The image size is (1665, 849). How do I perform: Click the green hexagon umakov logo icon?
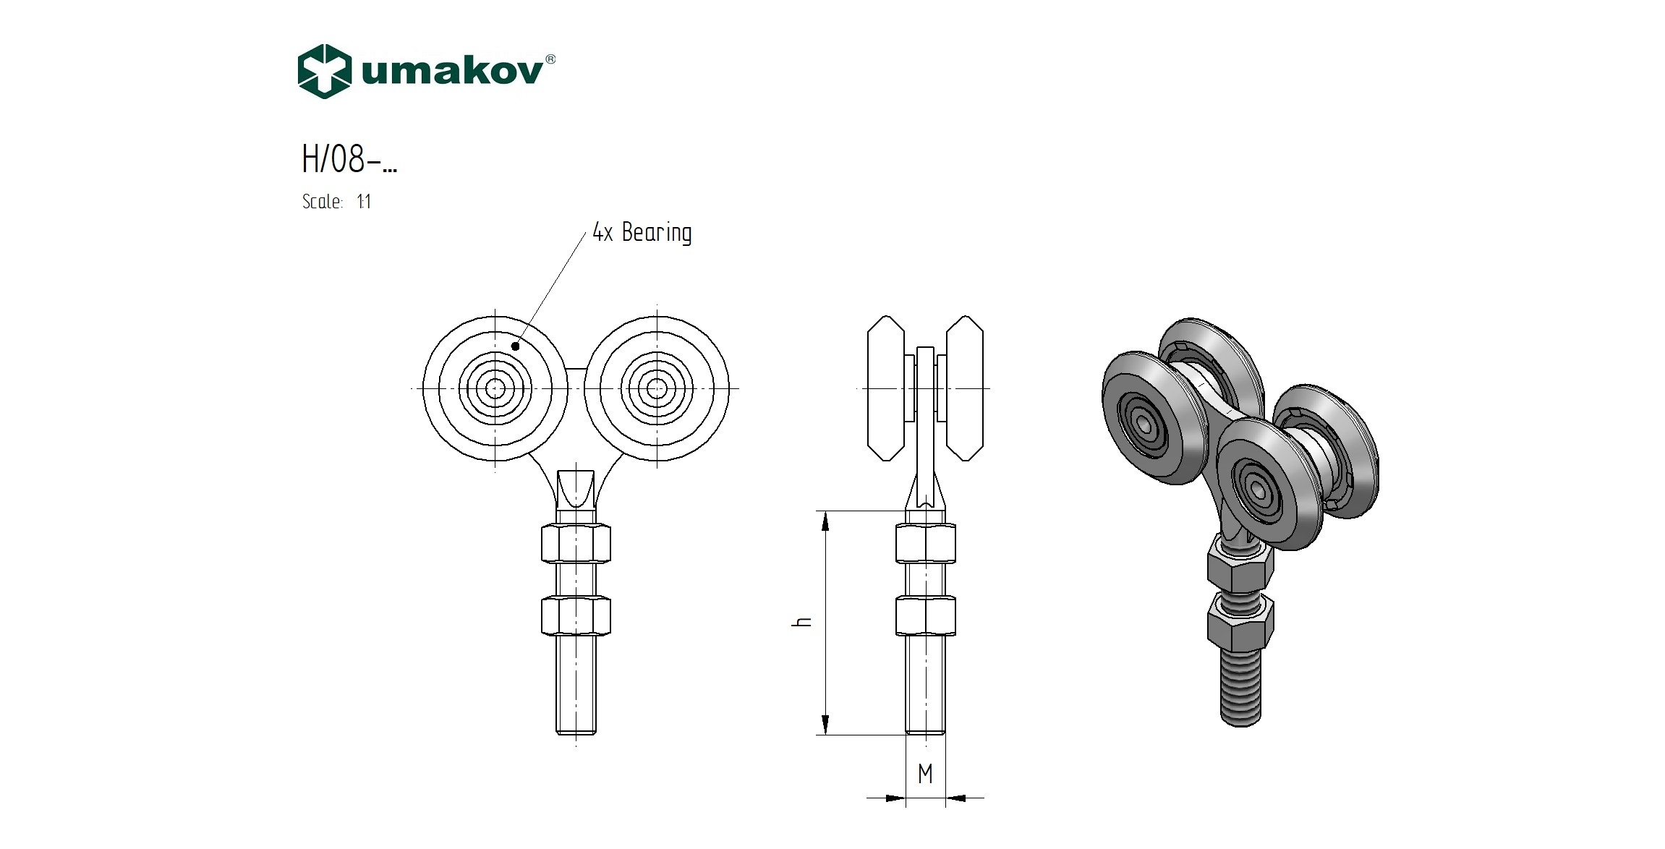(x=325, y=72)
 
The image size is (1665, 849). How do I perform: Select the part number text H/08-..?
(x=349, y=158)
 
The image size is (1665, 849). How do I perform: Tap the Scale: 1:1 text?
(x=337, y=201)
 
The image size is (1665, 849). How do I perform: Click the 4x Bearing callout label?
(x=642, y=232)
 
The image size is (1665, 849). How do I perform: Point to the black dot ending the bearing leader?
(x=516, y=346)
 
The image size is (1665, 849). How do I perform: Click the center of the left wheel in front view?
(x=495, y=389)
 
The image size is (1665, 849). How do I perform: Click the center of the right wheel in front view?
(x=657, y=389)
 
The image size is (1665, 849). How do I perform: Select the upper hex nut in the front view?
(x=576, y=543)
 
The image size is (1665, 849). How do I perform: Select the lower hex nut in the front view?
(x=576, y=615)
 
